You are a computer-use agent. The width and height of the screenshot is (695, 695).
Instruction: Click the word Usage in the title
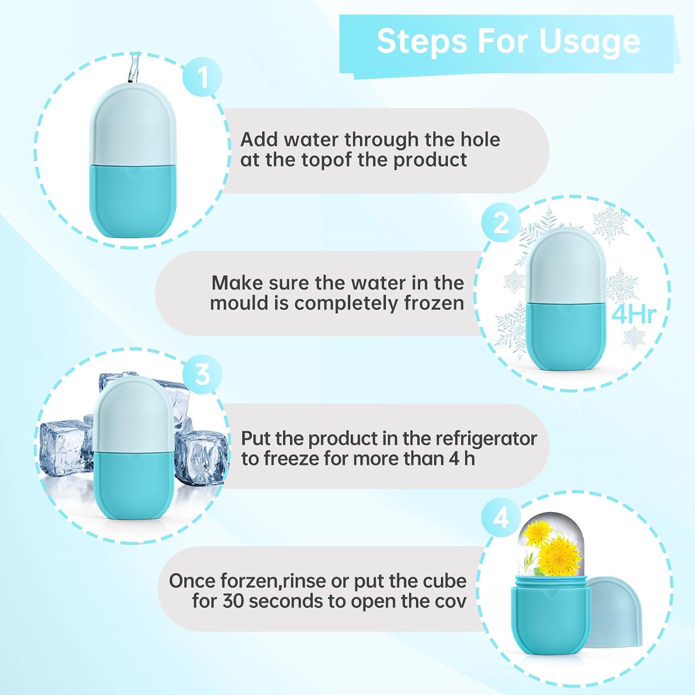click(589, 42)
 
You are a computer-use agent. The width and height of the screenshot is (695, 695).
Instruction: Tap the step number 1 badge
click(202, 77)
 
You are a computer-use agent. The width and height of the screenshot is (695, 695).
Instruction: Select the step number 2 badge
click(501, 223)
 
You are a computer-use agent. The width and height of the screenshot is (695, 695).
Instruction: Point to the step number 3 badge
click(202, 374)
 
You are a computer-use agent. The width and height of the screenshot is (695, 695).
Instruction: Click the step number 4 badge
click(501, 518)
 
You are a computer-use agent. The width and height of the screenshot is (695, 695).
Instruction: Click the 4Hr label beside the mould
click(633, 315)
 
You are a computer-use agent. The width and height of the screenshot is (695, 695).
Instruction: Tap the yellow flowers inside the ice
click(554, 547)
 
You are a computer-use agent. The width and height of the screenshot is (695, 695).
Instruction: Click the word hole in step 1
click(480, 139)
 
